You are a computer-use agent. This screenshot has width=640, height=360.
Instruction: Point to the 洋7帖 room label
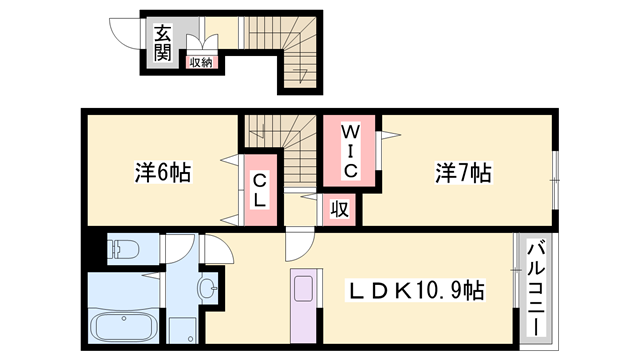coord(463,173)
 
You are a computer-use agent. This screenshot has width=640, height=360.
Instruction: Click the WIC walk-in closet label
coord(349,151)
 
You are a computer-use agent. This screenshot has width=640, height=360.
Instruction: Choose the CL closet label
coord(259,190)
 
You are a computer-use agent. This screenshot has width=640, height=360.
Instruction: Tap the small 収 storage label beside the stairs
coord(340,209)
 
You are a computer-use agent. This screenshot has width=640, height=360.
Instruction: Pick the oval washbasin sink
coord(207,290)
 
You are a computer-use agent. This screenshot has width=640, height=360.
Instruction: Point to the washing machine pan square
coord(182,327)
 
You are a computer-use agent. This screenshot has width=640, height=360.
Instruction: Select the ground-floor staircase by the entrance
coord(295,55)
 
